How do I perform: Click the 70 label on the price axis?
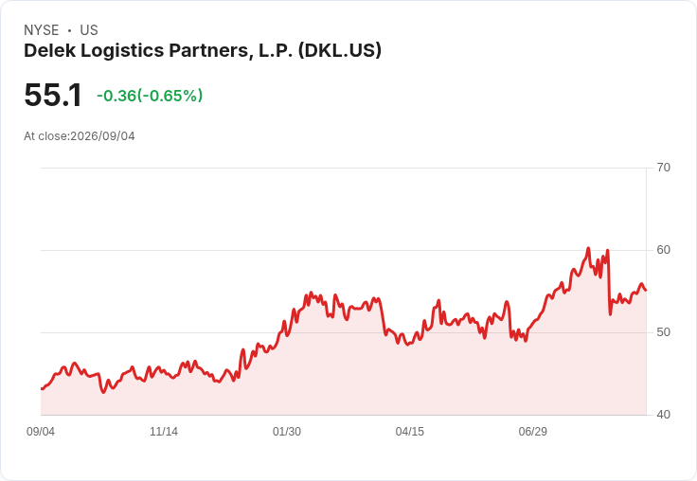[663, 168]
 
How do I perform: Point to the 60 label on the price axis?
[663, 250]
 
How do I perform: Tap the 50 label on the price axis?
[663, 332]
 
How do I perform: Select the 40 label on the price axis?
[663, 415]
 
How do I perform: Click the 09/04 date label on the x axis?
[41, 431]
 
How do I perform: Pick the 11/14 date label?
[164, 431]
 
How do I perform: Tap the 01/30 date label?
[287, 431]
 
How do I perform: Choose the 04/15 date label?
[410, 431]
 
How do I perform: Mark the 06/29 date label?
[532, 431]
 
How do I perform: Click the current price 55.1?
[53, 95]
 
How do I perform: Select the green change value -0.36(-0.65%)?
[150, 96]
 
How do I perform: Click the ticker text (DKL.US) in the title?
[340, 50]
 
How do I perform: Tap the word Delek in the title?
[50, 50]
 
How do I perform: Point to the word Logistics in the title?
[122, 51]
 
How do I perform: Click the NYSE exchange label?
[42, 30]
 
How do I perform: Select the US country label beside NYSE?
[89, 30]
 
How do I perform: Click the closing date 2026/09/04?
[102, 136]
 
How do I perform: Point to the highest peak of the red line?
[588, 248]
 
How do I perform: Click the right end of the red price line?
[646, 291]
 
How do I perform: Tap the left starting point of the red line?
[42, 388]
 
